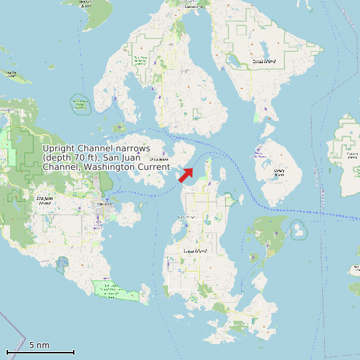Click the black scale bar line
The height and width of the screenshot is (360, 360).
[x=40, y=351]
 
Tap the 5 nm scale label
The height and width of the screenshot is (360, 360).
[x=39, y=345]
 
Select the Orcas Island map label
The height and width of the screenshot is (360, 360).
[x=264, y=61]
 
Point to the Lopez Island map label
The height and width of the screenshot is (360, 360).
[x=195, y=251]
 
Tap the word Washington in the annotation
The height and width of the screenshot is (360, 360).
[x=110, y=167]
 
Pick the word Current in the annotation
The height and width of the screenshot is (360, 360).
[x=153, y=167]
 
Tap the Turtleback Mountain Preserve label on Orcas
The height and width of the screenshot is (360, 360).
[x=141, y=62]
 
